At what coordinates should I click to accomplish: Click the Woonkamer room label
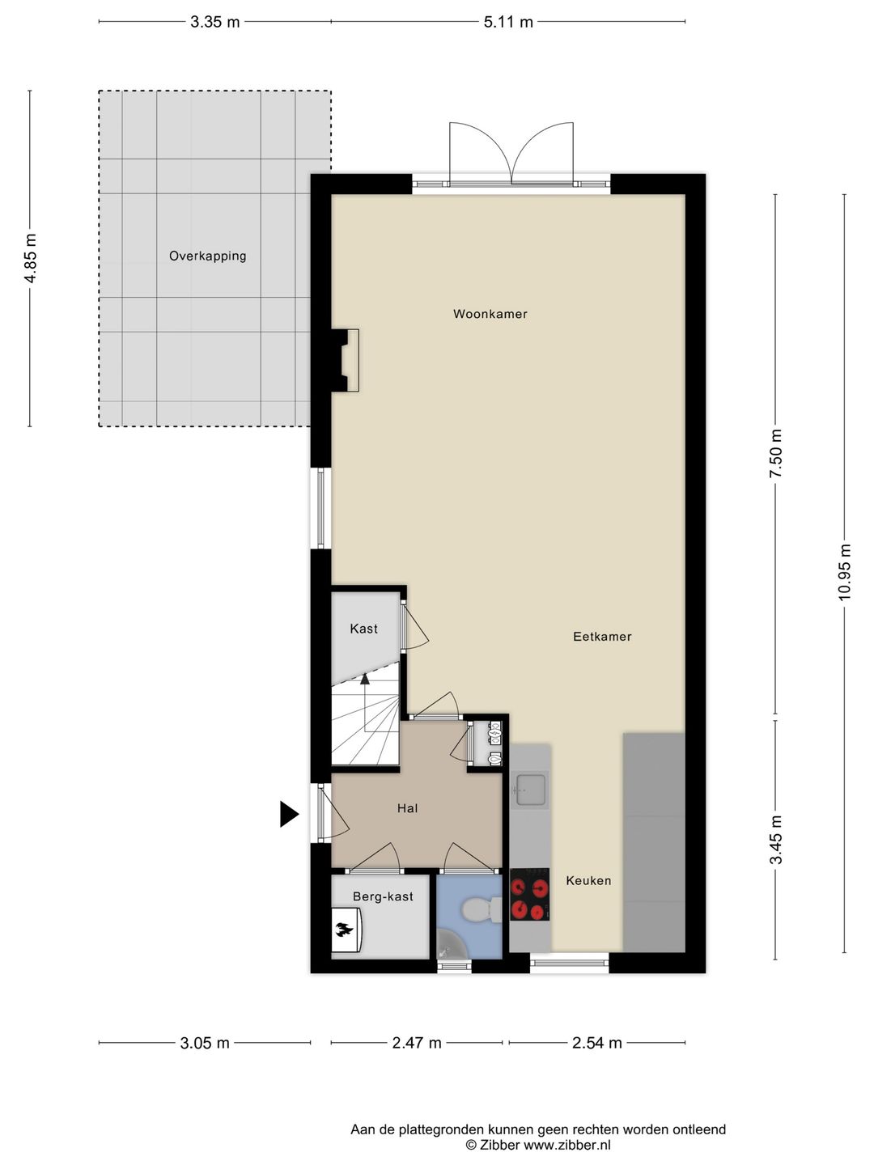tap(490, 314)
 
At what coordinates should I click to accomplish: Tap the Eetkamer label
tap(602, 637)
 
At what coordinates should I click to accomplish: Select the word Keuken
tap(588, 880)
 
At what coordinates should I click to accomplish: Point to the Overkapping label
tap(207, 256)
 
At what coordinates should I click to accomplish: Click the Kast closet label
tap(363, 629)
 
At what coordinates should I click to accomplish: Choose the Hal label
tap(407, 808)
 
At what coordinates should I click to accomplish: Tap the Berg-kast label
tap(383, 896)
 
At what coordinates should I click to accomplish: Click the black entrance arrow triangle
tap(289, 814)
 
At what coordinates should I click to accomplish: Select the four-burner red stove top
tap(530, 895)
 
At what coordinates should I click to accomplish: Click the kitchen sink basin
tap(531, 789)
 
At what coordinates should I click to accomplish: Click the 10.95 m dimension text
tap(845, 572)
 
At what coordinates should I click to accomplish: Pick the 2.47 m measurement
tap(417, 1043)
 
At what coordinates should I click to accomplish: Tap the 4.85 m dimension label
tap(31, 257)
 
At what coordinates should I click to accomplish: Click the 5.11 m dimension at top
tap(508, 22)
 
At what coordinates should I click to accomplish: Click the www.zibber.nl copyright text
tap(538, 1145)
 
